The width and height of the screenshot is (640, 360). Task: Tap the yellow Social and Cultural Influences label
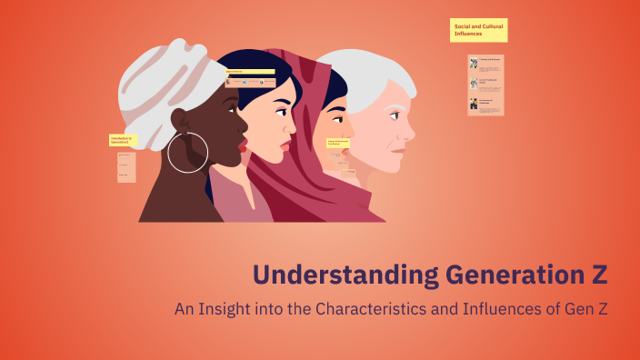(x=478, y=31)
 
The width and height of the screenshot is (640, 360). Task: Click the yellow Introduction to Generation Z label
(x=122, y=140)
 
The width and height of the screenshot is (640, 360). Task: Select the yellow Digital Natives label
(x=250, y=71)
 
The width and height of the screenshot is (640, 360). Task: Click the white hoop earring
(x=188, y=152)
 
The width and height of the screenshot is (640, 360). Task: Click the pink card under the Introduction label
(x=126, y=167)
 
